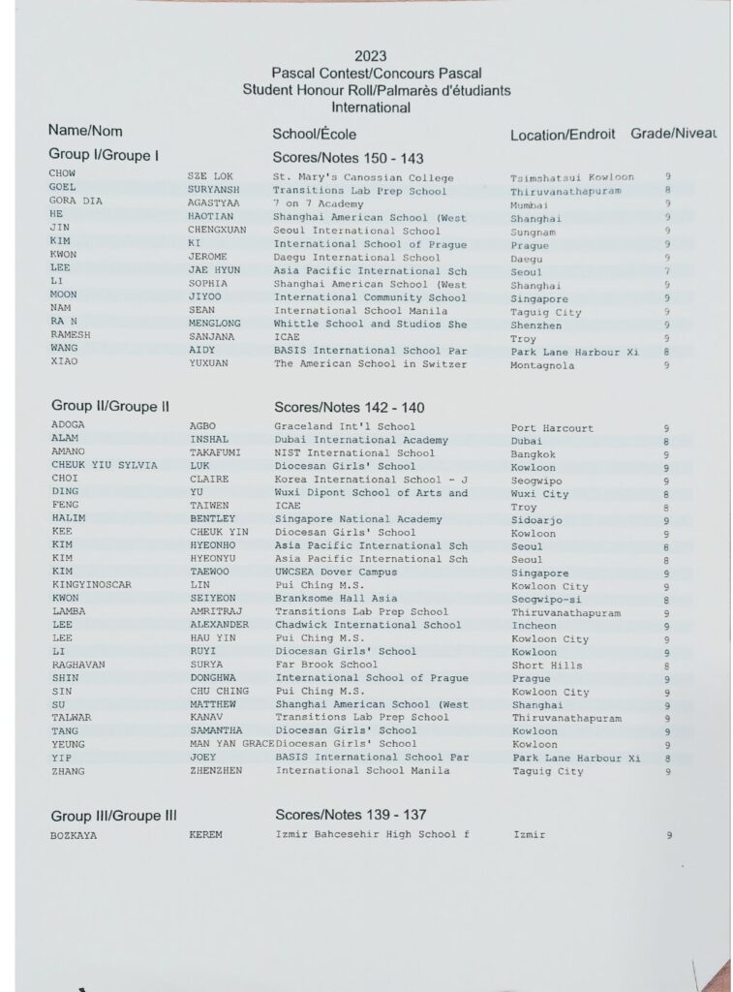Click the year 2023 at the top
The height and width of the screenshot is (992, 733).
pyautogui.click(x=371, y=56)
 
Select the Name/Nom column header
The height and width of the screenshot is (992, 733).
pyautogui.click(x=85, y=131)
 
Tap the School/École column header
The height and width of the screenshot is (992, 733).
pyautogui.click(x=316, y=135)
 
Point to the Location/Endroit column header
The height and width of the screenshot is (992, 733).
pyautogui.click(x=565, y=135)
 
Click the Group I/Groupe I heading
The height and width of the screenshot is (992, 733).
pyautogui.click(x=104, y=155)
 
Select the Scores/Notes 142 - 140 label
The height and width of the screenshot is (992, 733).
pyautogui.click(x=349, y=408)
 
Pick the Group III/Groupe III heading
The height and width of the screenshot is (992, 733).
pyautogui.click(x=113, y=816)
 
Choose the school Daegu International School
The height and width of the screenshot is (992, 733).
pyautogui.click(x=356, y=258)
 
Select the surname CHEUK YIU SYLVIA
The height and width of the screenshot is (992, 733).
pyautogui.click(x=104, y=466)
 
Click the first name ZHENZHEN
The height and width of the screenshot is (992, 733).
pyautogui.click(x=216, y=771)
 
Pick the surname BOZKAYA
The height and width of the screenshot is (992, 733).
pyautogui.click(x=74, y=834)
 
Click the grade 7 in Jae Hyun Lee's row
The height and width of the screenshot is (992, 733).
pyautogui.click(x=666, y=272)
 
